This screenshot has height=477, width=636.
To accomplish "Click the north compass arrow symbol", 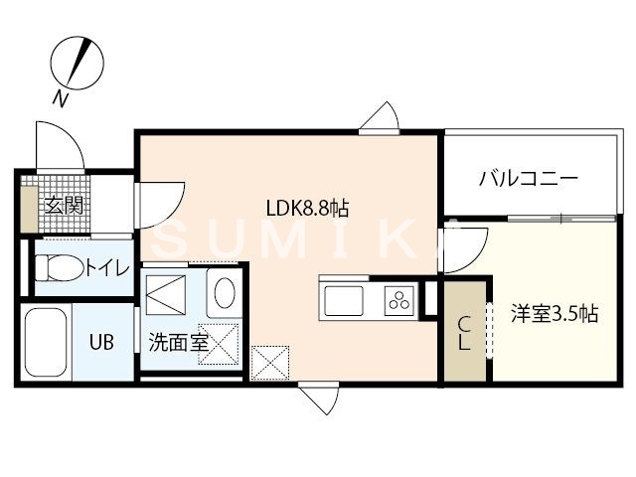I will [x=77, y=59].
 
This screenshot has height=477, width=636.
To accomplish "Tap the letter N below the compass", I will [x=61, y=97].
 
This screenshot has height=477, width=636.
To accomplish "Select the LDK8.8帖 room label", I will [x=306, y=209].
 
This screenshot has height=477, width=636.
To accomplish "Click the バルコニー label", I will [x=529, y=179].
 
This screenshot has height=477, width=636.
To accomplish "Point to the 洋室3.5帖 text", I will [x=555, y=314].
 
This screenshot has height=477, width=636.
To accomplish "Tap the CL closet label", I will [x=463, y=334].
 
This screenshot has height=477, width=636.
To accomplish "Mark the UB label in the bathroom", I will [x=102, y=343].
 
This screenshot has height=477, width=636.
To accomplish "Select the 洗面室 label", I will [x=178, y=344].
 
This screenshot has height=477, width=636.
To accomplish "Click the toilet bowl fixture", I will [x=57, y=267].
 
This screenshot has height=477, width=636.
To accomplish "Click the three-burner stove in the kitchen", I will [x=399, y=299].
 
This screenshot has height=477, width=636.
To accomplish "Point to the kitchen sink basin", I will [x=342, y=299].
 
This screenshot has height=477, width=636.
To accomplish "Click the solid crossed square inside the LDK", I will [x=270, y=361].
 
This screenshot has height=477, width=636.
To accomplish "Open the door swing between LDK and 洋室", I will [x=462, y=248].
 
